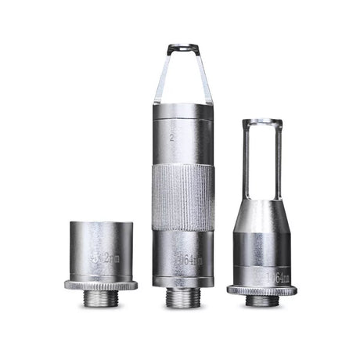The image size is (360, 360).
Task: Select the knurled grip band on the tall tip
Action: [x=182, y=195]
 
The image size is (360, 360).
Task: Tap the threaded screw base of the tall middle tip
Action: [x=182, y=298]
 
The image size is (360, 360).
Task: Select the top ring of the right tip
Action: [x=262, y=122]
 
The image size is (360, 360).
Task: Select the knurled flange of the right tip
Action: [x=262, y=290]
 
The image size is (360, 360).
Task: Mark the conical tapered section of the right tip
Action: [x=262, y=215]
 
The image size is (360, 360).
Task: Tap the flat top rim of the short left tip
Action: [x=101, y=224]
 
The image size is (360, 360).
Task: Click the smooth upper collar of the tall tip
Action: [x=182, y=133]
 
